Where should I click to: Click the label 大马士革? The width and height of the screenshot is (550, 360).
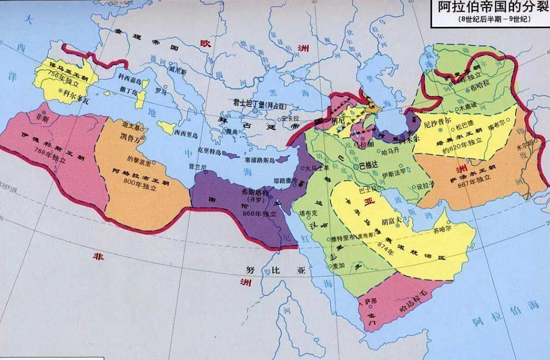point(318,168)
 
